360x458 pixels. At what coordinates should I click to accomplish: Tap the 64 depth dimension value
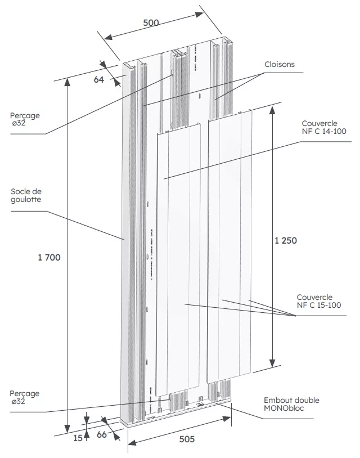pos(99,79)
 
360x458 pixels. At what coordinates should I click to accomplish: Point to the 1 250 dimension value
pos(286,240)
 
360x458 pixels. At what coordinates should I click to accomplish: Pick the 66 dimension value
pos(102,434)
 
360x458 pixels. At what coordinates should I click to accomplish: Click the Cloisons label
pos(280,65)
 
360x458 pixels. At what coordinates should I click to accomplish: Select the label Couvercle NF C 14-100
pos(323,127)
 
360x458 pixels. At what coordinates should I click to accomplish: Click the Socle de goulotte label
pos(26,195)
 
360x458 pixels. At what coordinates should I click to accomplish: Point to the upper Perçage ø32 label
pos(25,119)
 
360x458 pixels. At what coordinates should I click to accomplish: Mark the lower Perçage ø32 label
pos(25,398)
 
